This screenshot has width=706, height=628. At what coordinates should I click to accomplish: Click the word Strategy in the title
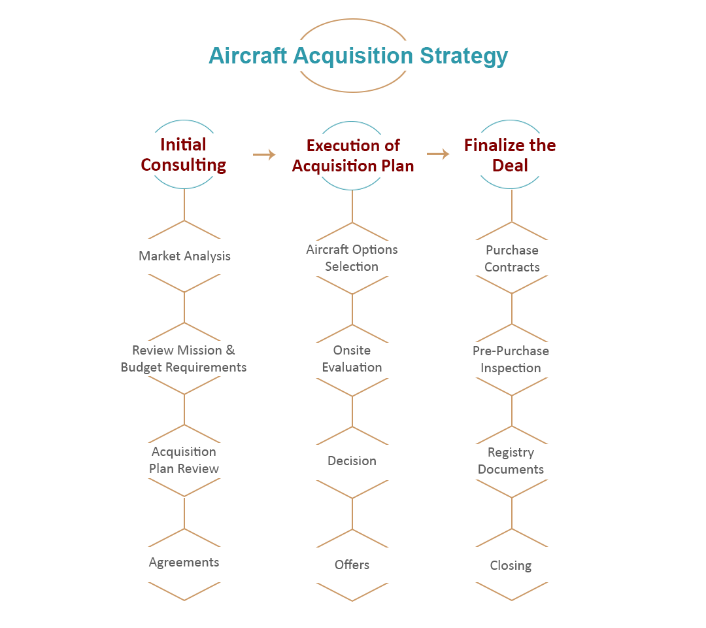click(x=463, y=56)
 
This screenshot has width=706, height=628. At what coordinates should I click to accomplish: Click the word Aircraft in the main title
click(x=248, y=56)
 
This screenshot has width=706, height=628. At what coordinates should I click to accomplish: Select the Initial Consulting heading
click(x=184, y=155)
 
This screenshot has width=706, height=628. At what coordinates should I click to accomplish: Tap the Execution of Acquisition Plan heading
click(x=352, y=156)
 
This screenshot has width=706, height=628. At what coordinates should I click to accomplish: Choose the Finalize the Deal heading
click(x=510, y=155)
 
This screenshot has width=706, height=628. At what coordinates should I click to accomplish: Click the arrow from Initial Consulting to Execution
click(x=264, y=154)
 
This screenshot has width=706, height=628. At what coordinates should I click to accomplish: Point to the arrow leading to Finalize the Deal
click(x=438, y=154)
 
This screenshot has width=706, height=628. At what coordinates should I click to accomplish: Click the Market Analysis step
click(x=184, y=256)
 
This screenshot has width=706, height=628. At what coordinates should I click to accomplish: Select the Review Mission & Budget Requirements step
click(x=184, y=358)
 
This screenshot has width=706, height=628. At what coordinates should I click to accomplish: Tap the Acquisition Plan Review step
click(x=184, y=460)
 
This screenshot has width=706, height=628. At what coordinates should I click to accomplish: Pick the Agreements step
click(x=184, y=562)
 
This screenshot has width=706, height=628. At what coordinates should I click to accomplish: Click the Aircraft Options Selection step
click(x=352, y=258)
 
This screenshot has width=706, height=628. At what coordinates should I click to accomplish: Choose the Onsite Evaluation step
click(x=352, y=358)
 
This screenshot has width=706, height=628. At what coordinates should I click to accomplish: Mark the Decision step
click(x=352, y=461)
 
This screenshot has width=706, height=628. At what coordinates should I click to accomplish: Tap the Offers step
click(x=352, y=565)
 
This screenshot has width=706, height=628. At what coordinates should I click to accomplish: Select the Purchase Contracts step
click(x=512, y=258)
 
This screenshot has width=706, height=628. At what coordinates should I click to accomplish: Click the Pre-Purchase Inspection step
click(x=511, y=359)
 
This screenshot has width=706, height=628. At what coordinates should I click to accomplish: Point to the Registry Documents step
click(x=511, y=461)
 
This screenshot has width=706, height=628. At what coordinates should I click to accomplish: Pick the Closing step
click(x=511, y=565)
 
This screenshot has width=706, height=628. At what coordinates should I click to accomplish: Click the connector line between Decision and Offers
click(x=352, y=514)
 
